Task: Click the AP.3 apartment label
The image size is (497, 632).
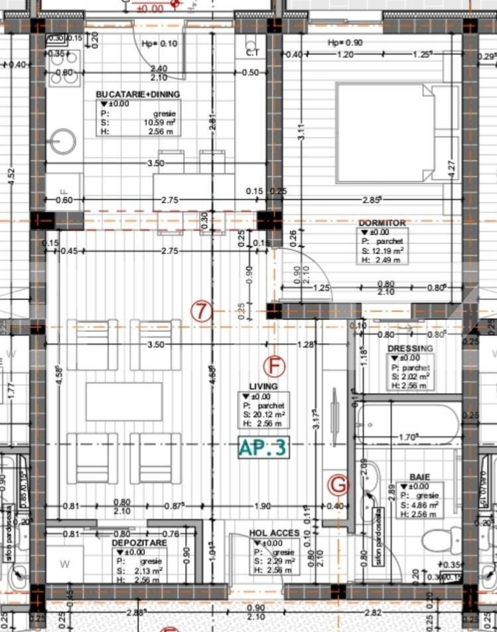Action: point(263,447)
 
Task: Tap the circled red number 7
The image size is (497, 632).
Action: point(202,311)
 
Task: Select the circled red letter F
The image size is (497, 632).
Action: point(273,366)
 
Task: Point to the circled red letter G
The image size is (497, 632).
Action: point(338,485)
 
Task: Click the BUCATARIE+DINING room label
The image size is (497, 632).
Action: point(137,94)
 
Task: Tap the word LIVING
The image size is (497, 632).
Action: point(263,386)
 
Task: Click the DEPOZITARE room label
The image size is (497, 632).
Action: point(139,542)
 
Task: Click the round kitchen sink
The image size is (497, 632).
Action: point(64,141)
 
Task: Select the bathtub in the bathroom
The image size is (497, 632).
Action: point(407,425)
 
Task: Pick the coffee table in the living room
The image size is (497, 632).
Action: point(124,401)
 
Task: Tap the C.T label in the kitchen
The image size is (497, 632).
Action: point(252,52)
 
